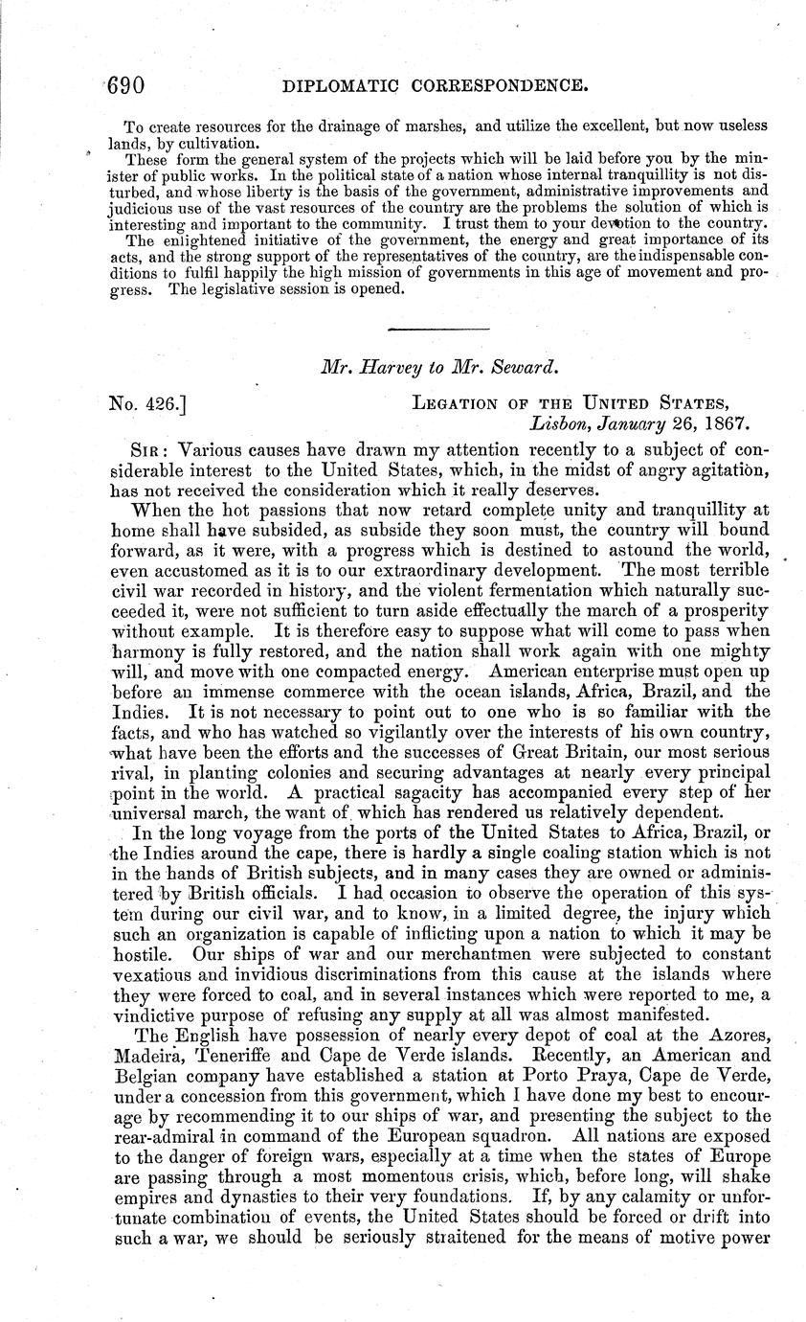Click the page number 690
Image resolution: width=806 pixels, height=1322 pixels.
tap(126, 87)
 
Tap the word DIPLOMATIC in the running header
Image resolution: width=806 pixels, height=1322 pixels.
tap(337, 87)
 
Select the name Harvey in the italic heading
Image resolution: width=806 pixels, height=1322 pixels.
tap(389, 366)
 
